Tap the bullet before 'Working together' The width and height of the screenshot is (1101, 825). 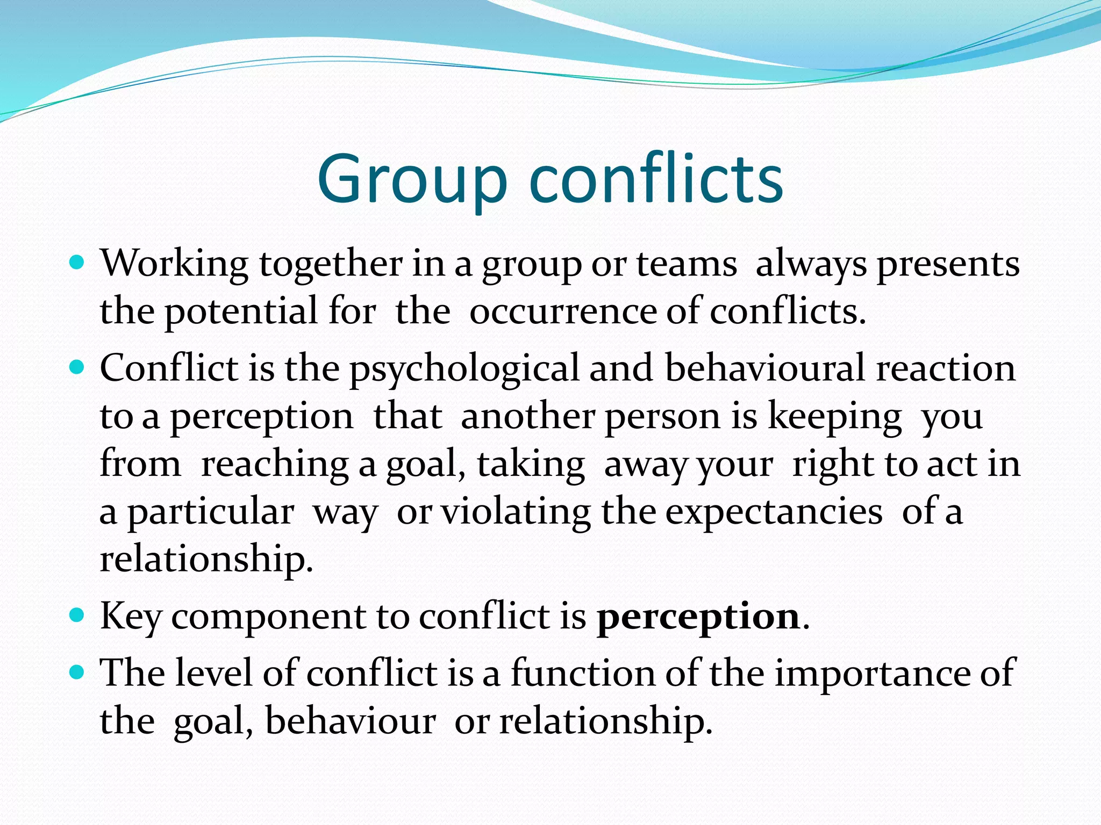click(77, 263)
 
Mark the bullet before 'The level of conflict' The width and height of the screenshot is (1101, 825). click(77, 671)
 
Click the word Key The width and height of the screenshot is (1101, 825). click(131, 617)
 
